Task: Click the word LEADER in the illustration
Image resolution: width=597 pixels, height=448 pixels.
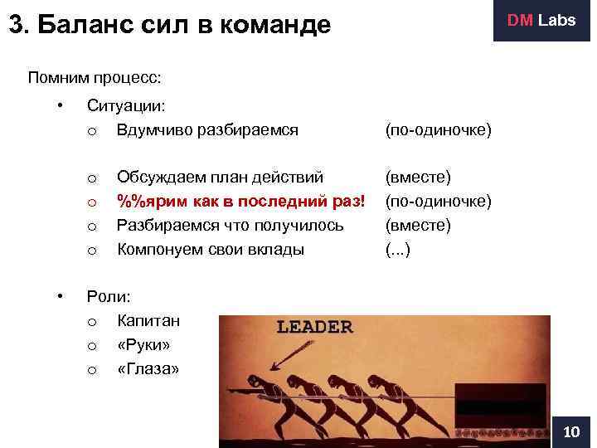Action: [x=314, y=326]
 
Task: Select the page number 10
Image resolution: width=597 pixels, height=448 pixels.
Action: [x=571, y=431]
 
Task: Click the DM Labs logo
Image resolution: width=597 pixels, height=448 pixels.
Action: [x=541, y=21]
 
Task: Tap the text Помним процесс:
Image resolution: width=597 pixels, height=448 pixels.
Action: [x=94, y=78]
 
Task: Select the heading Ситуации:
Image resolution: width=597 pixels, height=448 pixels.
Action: [x=126, y=106]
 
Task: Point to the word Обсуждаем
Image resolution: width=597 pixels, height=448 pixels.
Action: [x=158, y=177]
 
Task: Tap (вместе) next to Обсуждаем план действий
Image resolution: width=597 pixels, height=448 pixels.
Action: [x=416, y=177]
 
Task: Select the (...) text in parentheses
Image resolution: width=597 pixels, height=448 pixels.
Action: [x=399, y=249]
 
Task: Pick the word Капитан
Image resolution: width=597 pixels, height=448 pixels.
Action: [x=148, y=320]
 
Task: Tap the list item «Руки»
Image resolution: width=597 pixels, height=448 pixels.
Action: [x=147, y=344]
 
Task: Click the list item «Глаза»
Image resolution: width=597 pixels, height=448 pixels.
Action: [x=149, y=368]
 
